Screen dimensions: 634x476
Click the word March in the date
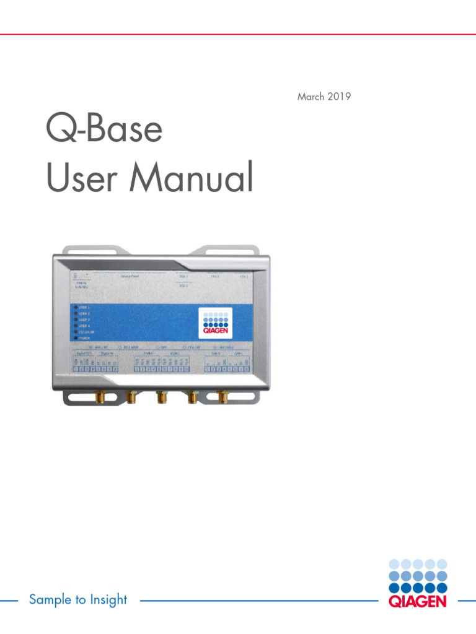(x=311, y=97)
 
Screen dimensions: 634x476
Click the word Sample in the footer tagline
(x=50, y=600)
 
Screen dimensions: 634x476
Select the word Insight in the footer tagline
(x=108, y=600)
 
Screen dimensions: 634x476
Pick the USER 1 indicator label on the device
(x=84, y=307)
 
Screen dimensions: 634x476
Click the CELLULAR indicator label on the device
(x=87, y=332)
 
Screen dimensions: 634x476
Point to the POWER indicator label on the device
(x=84, y=339)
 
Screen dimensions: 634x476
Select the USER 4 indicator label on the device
(x=84, y=326)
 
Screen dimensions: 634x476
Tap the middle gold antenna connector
(x=161, y=396)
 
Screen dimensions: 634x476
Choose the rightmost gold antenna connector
(x=221, y=396)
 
